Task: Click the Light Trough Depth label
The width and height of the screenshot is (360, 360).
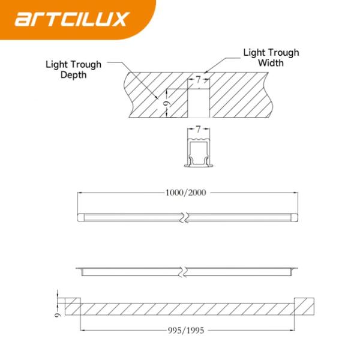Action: click(73, 70)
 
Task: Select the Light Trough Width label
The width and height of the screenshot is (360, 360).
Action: click(271, 58)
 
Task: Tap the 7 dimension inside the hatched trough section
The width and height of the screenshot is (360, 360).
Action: click(198, 79)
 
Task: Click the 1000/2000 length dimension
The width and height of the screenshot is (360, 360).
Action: click(187, 193)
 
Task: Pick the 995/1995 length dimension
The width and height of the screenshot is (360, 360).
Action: click(187, 330)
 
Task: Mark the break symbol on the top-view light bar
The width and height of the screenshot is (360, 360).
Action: click(187, 216)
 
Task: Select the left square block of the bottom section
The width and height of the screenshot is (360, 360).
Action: click(73, 305)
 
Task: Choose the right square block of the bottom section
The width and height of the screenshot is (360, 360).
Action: click(303, 305)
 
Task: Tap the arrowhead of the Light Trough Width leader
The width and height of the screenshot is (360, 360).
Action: click(205, 72)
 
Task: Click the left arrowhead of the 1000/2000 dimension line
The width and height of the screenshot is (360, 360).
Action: click(79, 193)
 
